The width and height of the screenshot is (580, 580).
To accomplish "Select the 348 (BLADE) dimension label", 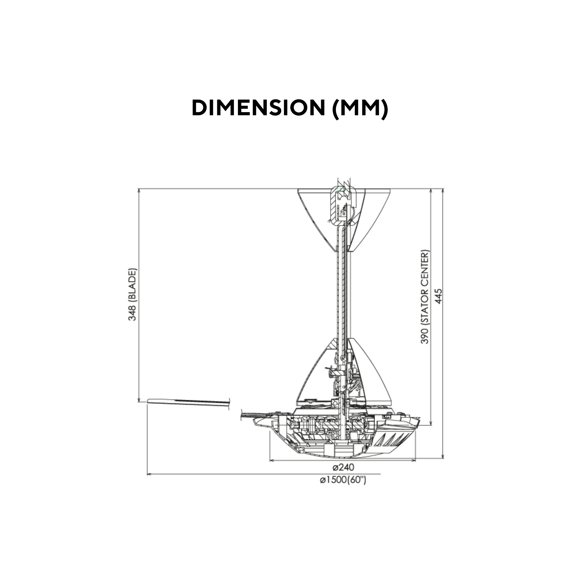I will coord(132,295).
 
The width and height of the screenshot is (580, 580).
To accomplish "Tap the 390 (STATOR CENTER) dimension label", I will coord(425,297).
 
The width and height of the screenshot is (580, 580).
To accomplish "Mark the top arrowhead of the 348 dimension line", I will coord(139,191).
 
